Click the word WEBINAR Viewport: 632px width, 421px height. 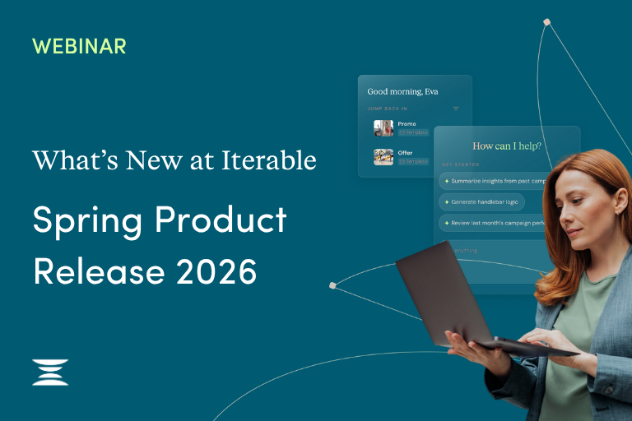[79, 46]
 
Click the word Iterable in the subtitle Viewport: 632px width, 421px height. [268, 160]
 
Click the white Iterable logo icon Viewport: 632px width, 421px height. [50, 372]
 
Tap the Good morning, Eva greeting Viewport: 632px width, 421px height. [402, 91]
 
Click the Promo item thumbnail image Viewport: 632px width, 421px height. [383, 127]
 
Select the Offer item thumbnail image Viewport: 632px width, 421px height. [383, 156]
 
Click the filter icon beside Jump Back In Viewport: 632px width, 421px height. [456, 109]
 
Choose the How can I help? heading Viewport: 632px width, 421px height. [507, 146]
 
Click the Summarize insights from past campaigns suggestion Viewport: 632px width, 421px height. [494, 180]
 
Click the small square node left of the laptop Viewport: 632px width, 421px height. [332, 285]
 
